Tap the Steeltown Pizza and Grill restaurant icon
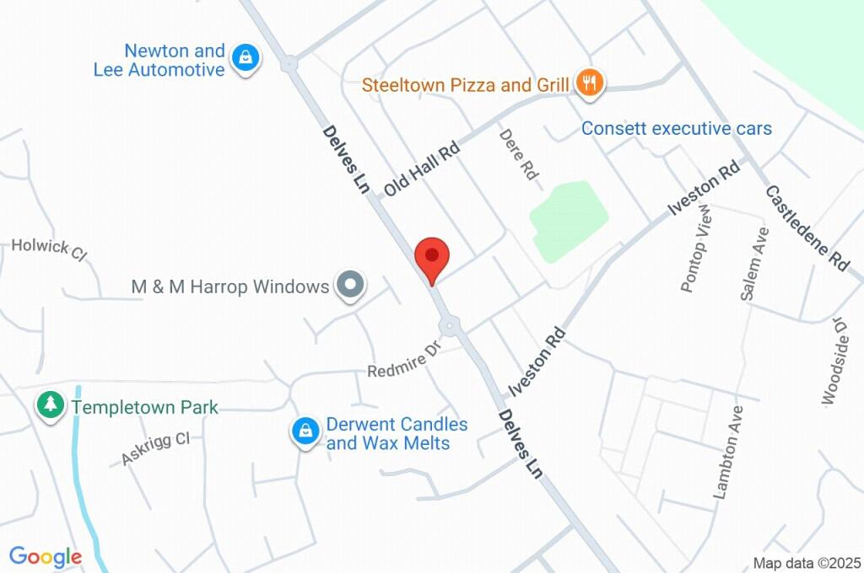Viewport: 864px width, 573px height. [x=589, y=83]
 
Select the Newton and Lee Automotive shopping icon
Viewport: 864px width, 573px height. [x=245, y=58]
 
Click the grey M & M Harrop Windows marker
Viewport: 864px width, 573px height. [x=349, y=286]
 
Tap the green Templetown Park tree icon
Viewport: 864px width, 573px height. [x=51, y=404]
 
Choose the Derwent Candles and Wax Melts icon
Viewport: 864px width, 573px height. [x=303, y=431]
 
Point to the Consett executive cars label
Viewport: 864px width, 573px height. [x=677, y=129]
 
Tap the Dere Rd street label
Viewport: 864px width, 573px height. [x=516, y=153]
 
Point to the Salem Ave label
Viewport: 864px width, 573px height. [x=753, y=263]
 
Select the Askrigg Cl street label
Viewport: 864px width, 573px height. [x=155, y=447]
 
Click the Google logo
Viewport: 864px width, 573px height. [x=46, y=556]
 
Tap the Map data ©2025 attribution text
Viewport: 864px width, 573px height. [x=807, y=562]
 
